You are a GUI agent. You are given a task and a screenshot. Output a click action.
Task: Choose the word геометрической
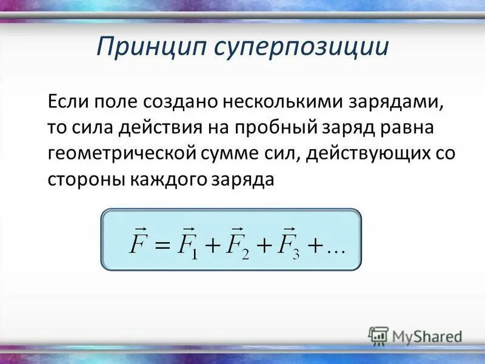(x=121, y=153)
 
